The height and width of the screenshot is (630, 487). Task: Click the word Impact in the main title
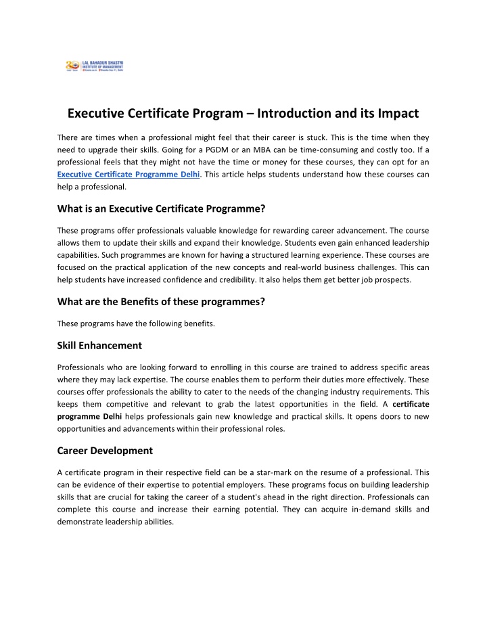coord(394,114)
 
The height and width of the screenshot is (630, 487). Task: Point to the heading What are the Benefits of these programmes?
coord(160,302)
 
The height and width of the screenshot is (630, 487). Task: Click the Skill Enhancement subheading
coord(99,345)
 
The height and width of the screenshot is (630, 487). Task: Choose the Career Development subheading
coord(104,450)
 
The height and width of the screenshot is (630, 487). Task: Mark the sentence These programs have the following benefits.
coord(135,323)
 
